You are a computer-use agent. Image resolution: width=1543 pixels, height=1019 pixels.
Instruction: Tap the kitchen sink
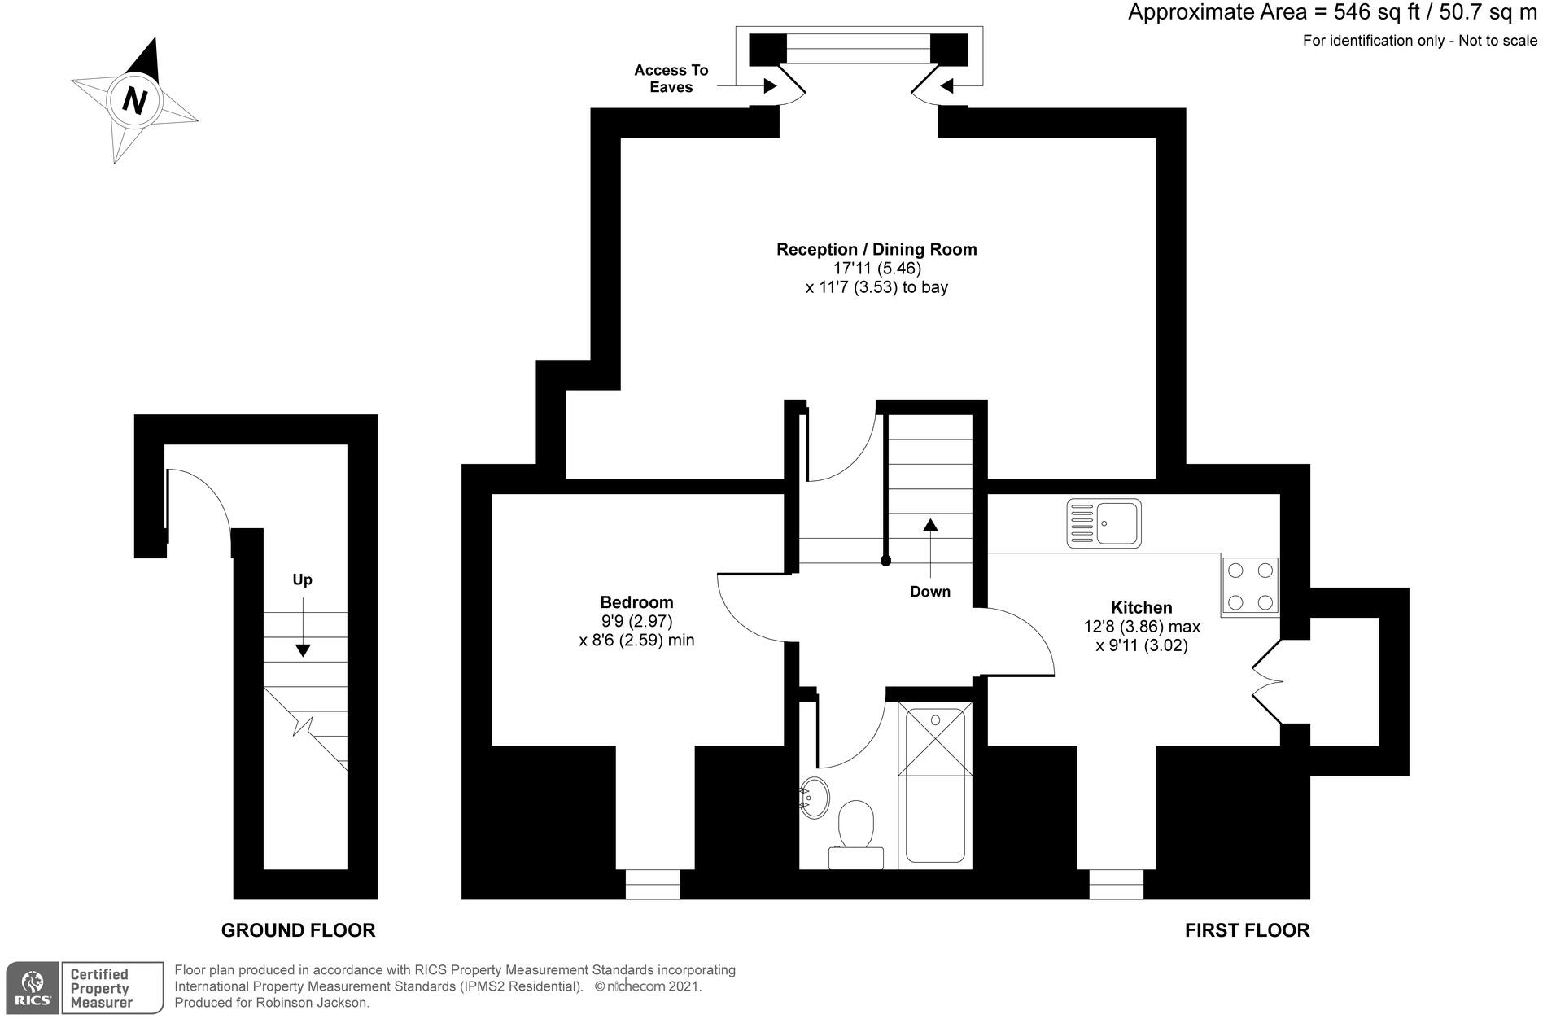point(1104,523)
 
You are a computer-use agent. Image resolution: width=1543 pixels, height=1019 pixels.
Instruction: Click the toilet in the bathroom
point(855,834)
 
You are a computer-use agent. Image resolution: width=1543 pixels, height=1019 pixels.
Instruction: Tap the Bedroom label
point(636,603)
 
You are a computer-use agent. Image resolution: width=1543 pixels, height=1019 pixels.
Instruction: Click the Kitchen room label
point(1142,608)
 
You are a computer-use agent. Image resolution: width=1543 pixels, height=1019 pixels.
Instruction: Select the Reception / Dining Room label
point(876,250)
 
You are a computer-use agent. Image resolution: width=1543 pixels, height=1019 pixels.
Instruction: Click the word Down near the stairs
point(930,592)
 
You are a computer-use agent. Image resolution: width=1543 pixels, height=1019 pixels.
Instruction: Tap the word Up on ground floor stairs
point(303,580)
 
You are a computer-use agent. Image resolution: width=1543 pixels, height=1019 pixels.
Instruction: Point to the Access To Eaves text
point(671,79)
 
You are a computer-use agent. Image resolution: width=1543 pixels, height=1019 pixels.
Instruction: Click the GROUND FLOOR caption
point(299,930)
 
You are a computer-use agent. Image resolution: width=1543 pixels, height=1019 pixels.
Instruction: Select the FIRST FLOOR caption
point(1248,930)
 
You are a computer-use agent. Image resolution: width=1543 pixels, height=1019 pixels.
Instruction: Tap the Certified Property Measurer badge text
point(101,988)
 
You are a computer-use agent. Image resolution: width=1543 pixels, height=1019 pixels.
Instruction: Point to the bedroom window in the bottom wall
point(653,885)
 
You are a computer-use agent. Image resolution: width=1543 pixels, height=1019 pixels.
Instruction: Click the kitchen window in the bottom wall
point(1117,885)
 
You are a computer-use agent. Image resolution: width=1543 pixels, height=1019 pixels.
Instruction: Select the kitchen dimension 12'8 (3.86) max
point(1142,628)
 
